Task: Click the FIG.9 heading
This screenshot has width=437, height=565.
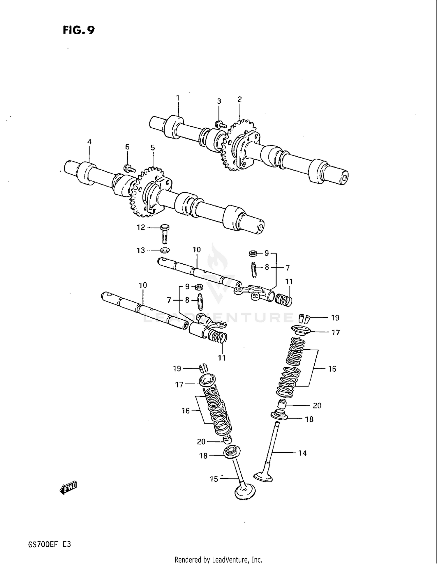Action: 79,30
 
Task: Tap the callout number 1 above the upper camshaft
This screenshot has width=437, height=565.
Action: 178,98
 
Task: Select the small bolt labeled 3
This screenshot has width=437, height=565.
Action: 221,125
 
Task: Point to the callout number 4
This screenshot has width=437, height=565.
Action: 89,142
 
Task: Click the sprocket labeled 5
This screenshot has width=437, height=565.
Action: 146,192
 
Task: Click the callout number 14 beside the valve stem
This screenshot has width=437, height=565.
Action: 302,453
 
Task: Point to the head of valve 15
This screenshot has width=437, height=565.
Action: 245,492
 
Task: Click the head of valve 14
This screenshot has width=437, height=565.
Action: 263,477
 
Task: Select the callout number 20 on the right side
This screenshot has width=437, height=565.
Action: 317,405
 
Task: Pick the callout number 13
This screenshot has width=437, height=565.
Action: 141,250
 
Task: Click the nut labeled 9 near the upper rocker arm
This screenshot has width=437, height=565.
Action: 252,253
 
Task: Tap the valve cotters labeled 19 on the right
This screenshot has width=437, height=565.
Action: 304,318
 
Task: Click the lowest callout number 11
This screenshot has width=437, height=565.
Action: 222,358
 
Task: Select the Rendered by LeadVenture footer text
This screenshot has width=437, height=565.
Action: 218,560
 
